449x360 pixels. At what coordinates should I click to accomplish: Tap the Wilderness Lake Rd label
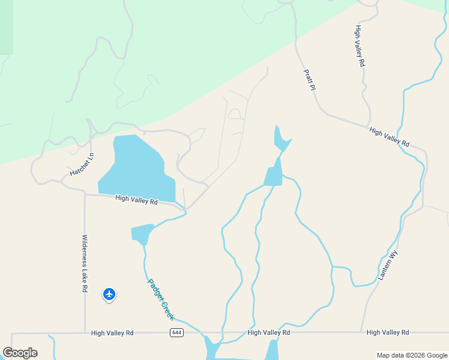pos(85,263)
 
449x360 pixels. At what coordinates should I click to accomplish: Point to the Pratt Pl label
pos(309,79)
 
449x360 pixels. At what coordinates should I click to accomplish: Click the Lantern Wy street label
pos(388,265)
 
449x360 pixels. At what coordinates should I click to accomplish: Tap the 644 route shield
pos(176,332)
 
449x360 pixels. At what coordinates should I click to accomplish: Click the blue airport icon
pos(109,294)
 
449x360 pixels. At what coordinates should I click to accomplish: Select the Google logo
pos(20,353)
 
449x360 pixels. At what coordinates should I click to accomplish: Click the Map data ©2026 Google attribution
pos(411,355)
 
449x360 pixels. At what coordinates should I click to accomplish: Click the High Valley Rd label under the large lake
pos(136,200)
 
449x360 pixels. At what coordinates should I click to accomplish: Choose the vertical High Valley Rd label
pos(360,46)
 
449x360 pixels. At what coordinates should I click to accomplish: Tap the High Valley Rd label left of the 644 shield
pos(112,332)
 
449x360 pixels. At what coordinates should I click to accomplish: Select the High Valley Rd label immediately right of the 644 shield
pos(268,332)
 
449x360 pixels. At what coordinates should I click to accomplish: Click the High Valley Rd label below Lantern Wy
pos(387,332)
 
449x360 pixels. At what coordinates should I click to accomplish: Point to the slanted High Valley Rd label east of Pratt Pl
pos(389,137)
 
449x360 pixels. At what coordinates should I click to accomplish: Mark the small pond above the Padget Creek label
pos(142,233)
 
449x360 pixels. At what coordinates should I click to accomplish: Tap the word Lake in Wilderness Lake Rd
pos(85,263)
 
